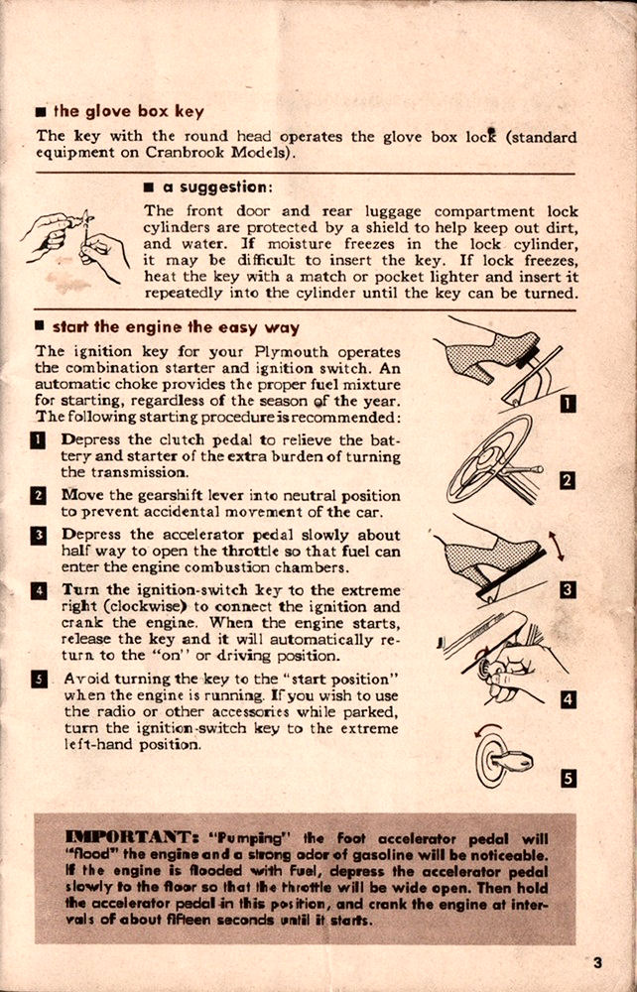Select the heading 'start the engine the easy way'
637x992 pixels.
(175, 326)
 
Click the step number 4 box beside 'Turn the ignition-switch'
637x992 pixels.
(42, 590)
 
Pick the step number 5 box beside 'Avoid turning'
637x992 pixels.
(42, 680)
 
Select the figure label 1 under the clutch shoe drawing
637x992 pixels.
(567, 403)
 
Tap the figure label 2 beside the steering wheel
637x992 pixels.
(567, 481)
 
